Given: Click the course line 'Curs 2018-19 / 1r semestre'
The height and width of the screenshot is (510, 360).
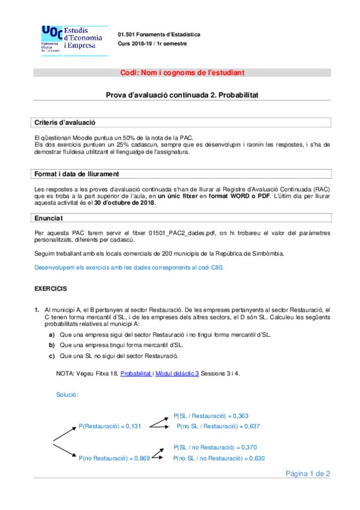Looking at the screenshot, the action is point(152,44).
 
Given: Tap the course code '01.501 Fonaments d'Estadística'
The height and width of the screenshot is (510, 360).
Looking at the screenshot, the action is point(159,34).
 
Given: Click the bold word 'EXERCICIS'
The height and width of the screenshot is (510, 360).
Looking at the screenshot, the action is point(50,289).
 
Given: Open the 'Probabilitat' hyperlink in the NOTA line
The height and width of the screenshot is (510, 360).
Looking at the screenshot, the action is point(136,373).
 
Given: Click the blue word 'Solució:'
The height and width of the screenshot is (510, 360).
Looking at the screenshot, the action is point(67,395).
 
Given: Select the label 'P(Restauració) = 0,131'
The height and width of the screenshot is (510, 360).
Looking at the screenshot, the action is point(109,426).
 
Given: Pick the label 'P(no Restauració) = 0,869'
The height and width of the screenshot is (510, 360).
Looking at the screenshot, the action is point(113,458).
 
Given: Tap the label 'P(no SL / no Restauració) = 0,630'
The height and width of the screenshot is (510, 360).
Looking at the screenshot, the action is point(219,458).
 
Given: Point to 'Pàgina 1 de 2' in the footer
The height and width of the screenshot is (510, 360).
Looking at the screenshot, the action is point(308,474).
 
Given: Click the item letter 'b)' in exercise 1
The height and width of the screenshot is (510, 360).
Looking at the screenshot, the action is point(52,345).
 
